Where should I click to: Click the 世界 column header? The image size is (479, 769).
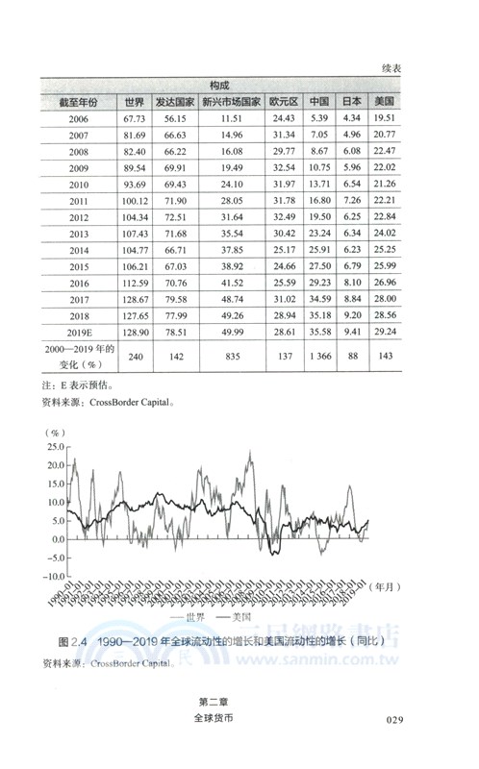(x=134, y=102)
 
